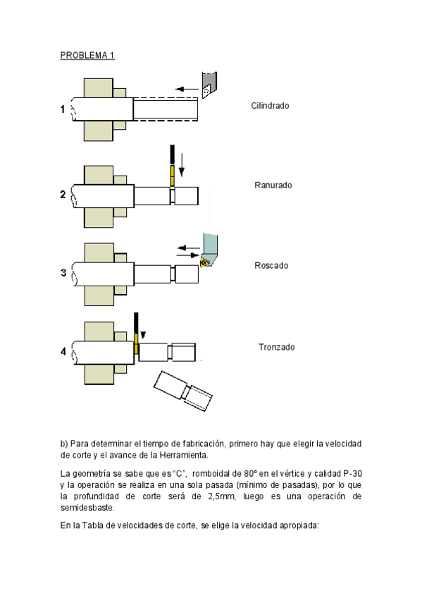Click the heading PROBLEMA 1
pyautogui.click(x=87, y=55)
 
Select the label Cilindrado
pyautogui.click(x=270, y=106)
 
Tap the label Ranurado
pyautogui.click(x=273, y=185)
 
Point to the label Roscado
pyautogui.click(x=271, y=265)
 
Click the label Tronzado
pyautogui.click(x=276, y=347)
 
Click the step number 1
pyautogui.click(x=63, y=109)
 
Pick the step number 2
pyautogui.click(x=63, y=195)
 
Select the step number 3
pyautogui.click(x=63, y=273)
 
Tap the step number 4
pyautogui.click(x=63, y=351)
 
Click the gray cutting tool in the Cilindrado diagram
pyautogui.click(x=209, y=85)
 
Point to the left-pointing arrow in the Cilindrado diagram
pyautogui.click(x=187, y=90)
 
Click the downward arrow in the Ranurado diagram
pyautogui.click(x=182, y=165)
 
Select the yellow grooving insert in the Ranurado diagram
pyautogui.click(x=172, y=176)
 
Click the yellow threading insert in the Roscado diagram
pyautogui.click(x=204, y=262)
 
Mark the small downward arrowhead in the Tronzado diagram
pyautogui.click(x=143, y=335)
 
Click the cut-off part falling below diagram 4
pyautogui.click(x=182, y=391)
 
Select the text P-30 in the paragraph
pyautogui.click(x=352, y=474)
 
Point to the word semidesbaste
pyautogui.click(x=87, y=508)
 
